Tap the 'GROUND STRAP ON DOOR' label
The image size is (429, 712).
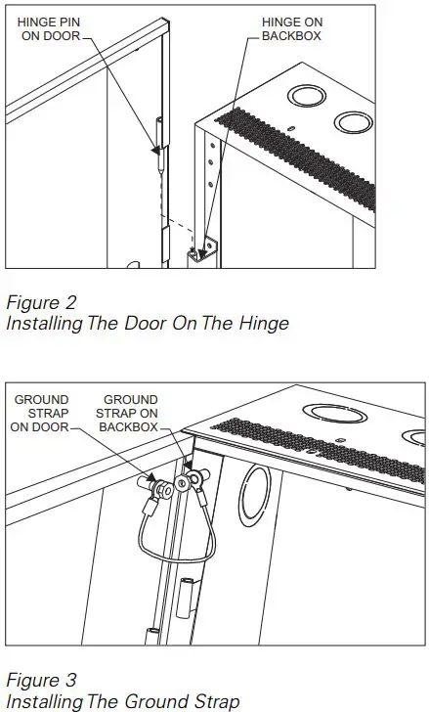(x=40, y=413)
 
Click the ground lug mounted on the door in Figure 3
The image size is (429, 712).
(x=157, y=483)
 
